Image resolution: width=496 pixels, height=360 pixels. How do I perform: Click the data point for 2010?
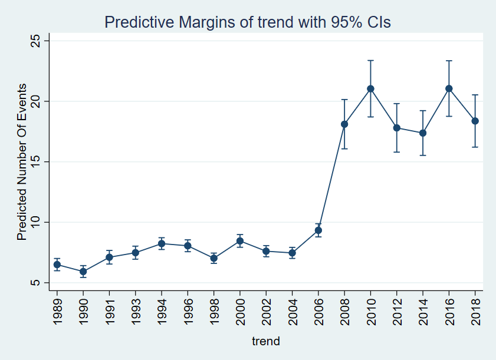click(x=370, y=89)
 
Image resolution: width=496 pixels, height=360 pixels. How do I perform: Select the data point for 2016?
click(x=449, y=88)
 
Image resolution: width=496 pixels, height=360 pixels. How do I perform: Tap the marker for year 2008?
click(x=344, y=124)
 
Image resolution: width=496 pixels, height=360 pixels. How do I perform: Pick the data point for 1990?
click(x=83, y=272)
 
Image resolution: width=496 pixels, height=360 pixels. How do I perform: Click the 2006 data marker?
click(x=318, y=230)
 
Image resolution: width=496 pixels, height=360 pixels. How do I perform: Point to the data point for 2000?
click(x=240, y=241)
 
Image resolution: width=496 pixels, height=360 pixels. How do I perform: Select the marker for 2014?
click(x=423, y=133)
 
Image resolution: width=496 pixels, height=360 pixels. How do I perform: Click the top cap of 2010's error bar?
click(x=370, y=60)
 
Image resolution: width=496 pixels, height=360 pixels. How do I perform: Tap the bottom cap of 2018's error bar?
click(x=475, y=147)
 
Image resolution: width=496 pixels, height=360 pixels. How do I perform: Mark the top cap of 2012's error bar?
click(x=397, y=104)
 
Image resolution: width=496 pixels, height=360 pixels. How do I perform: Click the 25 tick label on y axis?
click(x=35, y=41)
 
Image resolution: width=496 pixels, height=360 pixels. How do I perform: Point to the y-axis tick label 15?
click(x=35, y=161)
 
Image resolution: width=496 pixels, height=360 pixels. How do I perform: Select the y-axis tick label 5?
click(x=35, y=283)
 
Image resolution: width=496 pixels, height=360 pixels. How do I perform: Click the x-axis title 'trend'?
click(x=266, y=341)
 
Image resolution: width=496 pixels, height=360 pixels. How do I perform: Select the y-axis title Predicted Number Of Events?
click(x=21, y=161)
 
